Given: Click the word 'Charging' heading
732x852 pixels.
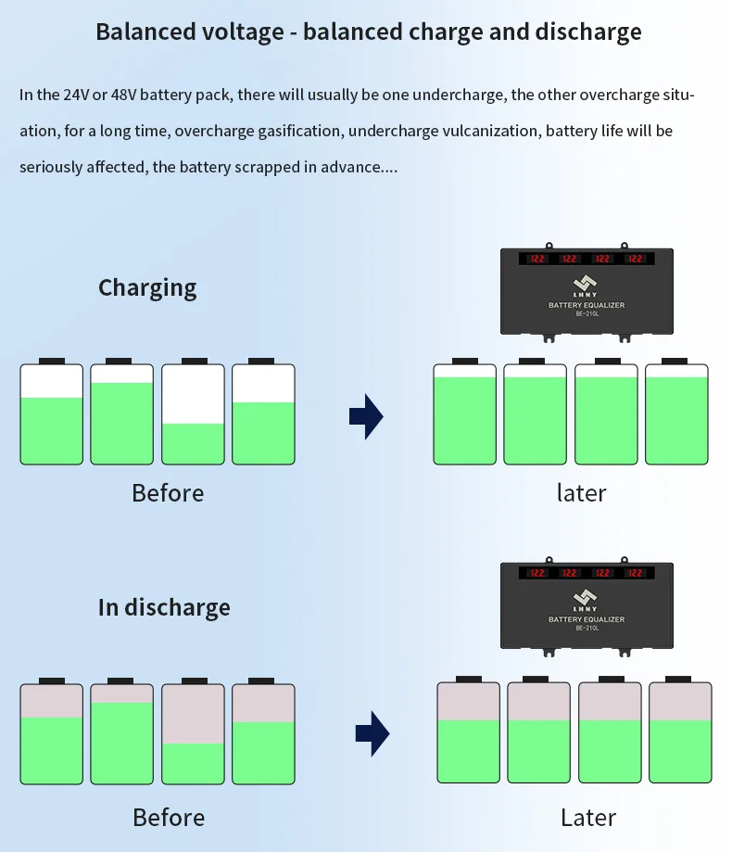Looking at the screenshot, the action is click(147, 288).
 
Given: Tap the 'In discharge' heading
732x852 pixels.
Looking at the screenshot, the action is click(164, 608).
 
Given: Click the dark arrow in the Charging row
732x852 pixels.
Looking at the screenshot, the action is click(366, 416).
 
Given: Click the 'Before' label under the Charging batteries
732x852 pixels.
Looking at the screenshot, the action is click(168, 492).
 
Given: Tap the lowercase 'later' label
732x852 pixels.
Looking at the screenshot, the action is click(581, 492).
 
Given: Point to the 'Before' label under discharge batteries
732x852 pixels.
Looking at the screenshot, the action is click(169, 817).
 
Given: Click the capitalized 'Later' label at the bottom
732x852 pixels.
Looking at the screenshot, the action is click(588, 817).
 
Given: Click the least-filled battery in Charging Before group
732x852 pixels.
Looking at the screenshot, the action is click(193, 414).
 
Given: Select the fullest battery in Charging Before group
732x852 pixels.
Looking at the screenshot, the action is click(121, 414).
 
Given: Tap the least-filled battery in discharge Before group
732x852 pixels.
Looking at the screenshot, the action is click(193, 734).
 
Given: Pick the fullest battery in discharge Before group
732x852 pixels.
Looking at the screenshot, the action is click(121, 734).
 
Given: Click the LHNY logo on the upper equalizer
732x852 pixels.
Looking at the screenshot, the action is click(586, 284).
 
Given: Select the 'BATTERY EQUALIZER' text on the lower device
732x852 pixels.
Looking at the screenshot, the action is click(586, 619).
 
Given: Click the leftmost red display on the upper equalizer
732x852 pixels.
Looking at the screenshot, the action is click(537, 259).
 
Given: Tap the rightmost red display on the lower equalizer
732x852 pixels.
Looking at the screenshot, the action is click(636, 573).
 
